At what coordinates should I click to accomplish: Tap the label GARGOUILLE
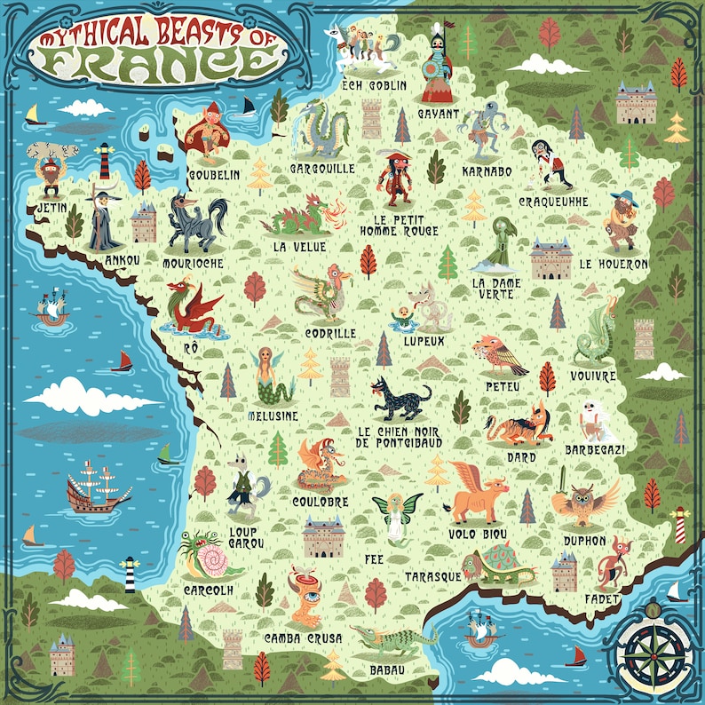tap(322, 168)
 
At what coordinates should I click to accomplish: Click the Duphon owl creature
tap(586, 504)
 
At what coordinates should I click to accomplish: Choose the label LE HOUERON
tap(614, 264)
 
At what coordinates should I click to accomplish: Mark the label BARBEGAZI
tap(595, 450)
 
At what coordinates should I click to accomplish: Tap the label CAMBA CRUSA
tap(302, 638)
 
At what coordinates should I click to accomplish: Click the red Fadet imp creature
tap(613, 560)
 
